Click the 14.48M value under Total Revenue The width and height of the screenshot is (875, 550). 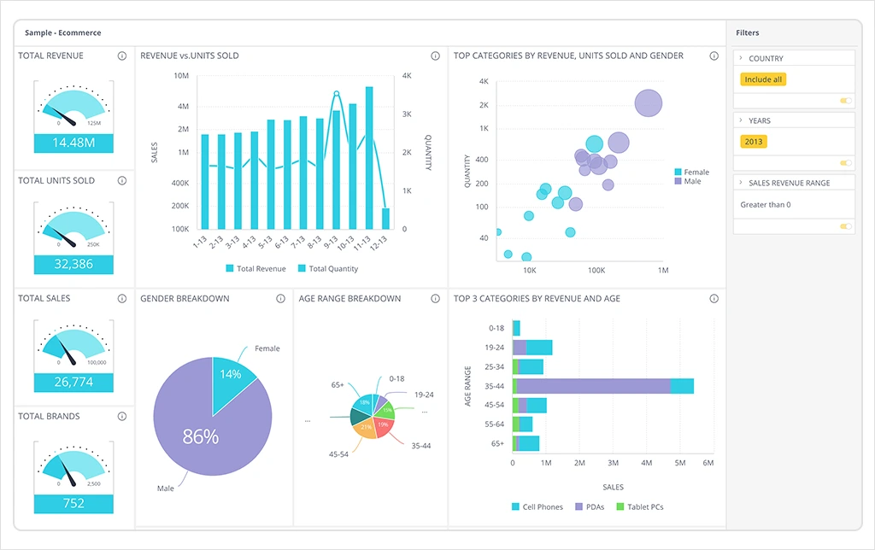pyautogui.click(x=73, y=143)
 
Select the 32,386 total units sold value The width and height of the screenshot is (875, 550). pyautogui.click(x=73, y=264)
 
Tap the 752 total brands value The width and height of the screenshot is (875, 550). pyautogui.click(x=73, y=503)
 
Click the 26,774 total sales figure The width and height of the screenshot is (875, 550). pyautogui.click(x=73, y=383)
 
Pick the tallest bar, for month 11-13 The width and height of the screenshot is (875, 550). pyautogui.click(x=369, y=157)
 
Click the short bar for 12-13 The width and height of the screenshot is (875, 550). pyautogui.click(x=385, y=219)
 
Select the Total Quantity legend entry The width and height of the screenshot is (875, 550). pyautogui.click(x=333, y=269)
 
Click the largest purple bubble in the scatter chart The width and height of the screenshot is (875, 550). pyautogui.click(x=649, y=104)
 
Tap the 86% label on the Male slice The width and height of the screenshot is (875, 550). pyautogui.click(x=201, y=437)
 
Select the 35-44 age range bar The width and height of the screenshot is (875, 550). pyautogui.click(x=602, y=386)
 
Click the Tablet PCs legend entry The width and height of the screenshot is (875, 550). pyautogui.click(x=645, y=507)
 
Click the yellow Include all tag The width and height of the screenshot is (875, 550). pyautogui.click(x=763, y=79)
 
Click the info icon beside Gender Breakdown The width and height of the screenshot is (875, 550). pyautogui.click(x=280, y=299)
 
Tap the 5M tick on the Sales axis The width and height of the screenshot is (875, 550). pyautogui.click(x=680, y=463)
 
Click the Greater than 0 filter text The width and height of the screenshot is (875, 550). pyautogui.click(x=766, y=205)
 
